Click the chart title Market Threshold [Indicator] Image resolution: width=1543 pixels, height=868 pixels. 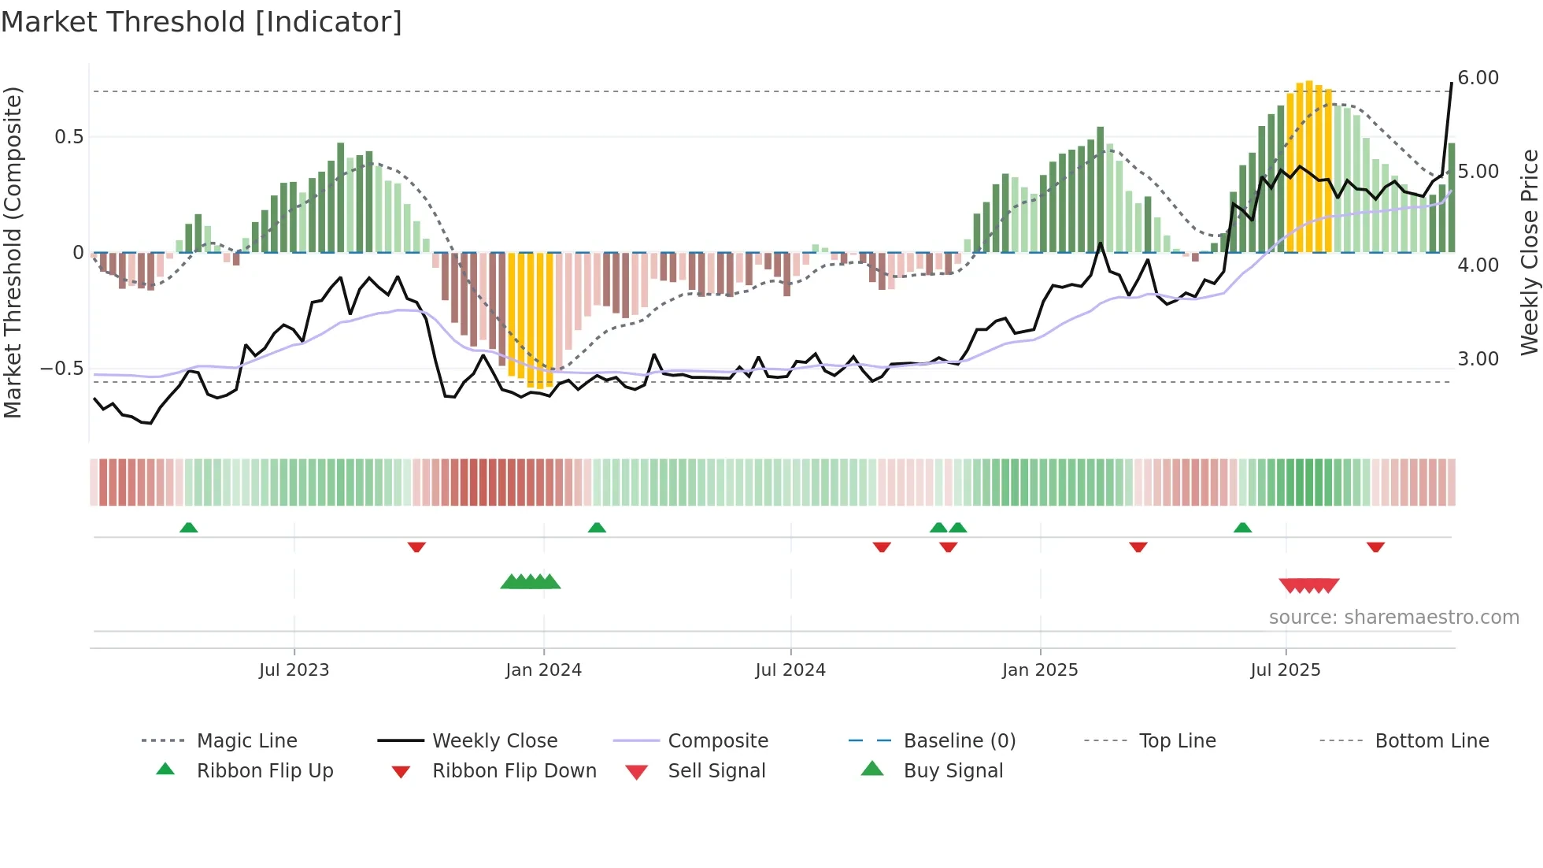tap(202, 22)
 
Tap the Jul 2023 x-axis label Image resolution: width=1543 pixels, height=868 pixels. tap(294, 670)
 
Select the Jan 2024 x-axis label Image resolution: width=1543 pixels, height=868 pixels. tap(543, 670)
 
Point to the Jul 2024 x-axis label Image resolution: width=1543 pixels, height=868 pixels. tap(790, 670)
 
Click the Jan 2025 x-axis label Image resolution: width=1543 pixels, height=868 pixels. tap(1040, 670)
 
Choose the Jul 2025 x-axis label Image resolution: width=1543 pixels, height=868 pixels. tap(1285, 670)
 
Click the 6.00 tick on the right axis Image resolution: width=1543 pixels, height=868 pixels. tap(1478, 78)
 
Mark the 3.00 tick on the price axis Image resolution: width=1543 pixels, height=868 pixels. tap(1478, 359)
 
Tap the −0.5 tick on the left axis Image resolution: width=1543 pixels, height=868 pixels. tap(61, 369)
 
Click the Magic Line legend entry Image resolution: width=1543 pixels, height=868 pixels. tap(246, 741)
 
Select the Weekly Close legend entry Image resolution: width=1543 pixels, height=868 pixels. tap(494, 741)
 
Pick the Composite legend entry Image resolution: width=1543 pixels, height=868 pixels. tap(717, 741)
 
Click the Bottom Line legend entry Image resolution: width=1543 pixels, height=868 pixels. tap(1431, 741)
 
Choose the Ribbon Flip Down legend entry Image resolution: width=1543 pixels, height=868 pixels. tap(514, 771)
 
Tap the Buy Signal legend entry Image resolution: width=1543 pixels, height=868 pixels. tap(953, 771)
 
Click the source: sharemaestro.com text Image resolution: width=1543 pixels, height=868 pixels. tap(1393, 618)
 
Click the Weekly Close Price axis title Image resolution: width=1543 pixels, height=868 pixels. tap(1529, 252)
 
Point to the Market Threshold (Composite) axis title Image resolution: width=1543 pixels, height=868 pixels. tap(13, 252)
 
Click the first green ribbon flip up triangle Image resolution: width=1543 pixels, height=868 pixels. tap(188, 528)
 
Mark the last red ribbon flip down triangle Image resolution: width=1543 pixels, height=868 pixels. tap(1375, 547)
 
